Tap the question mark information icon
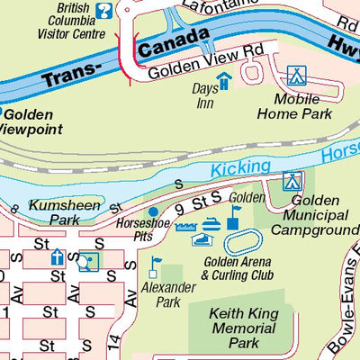tap(105, 12)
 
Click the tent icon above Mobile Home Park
tap(294, 76)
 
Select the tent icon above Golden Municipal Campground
tap(291, 181)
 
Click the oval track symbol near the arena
tap(242, 241)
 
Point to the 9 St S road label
tap(200, 208)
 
